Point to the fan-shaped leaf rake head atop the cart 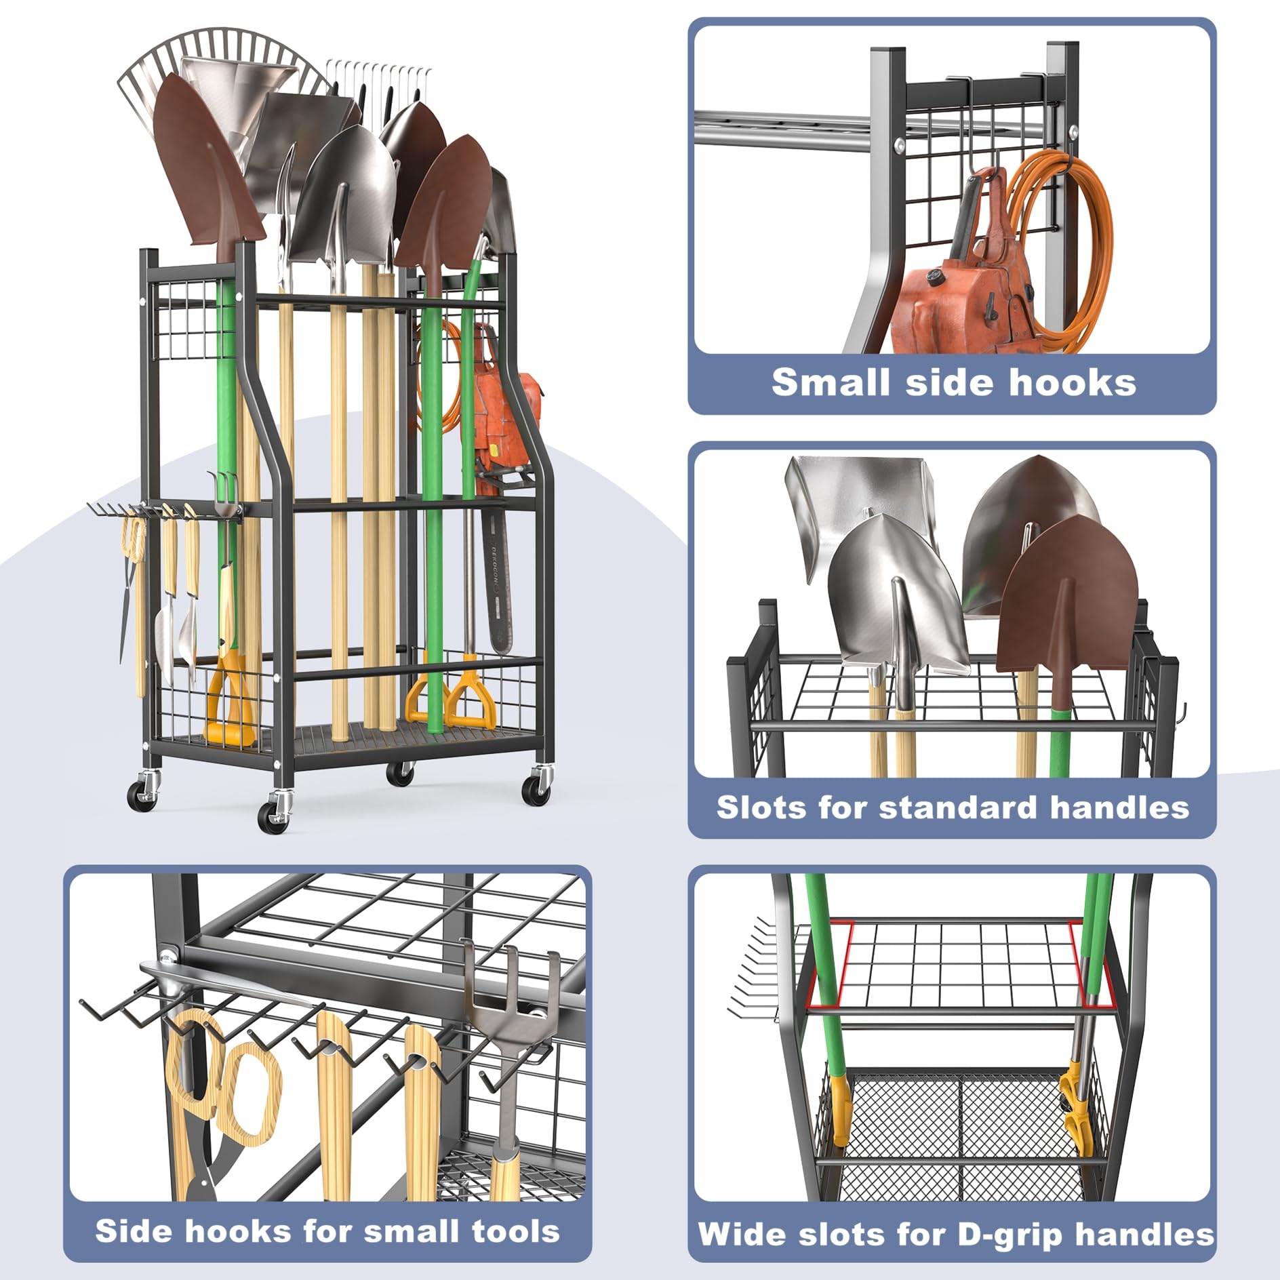224,68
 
